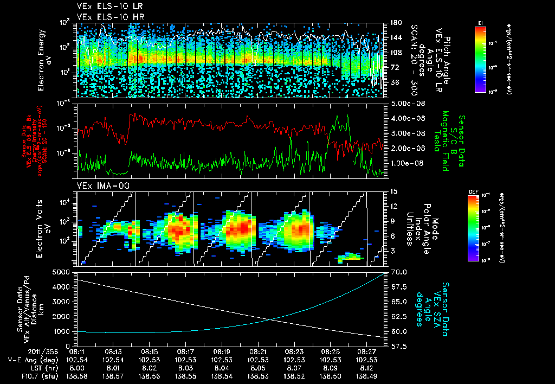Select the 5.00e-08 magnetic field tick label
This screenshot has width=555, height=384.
pyautogui.click(x=404, y=103)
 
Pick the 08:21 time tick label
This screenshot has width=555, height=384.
pyautogui.click(x=257, y=351)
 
